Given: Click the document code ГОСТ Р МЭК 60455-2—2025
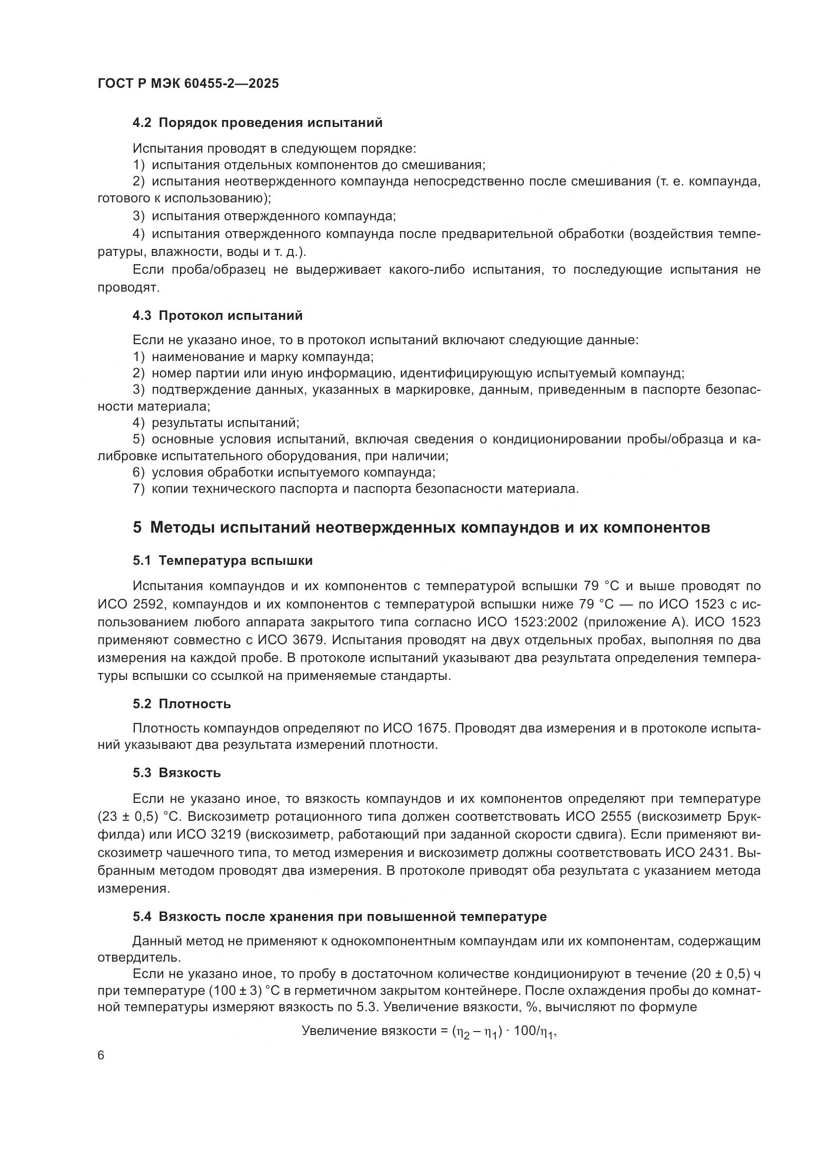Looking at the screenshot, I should [188, 84].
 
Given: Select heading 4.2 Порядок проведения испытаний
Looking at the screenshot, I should [257, 123].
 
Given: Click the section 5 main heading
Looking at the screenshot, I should [421, 528].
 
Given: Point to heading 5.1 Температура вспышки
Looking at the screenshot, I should [223, 560].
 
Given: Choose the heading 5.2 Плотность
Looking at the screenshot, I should [182, 704].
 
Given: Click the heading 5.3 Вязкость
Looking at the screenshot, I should [176, 773].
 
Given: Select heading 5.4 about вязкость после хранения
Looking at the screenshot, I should [339, 916].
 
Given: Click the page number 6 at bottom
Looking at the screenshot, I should [101, 1056].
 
